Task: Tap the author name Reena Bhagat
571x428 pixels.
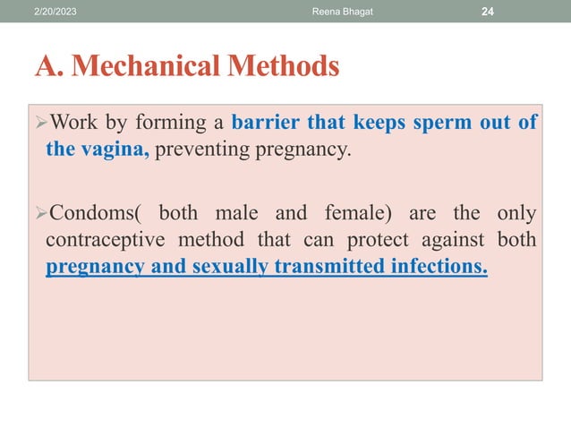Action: (334, 10)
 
